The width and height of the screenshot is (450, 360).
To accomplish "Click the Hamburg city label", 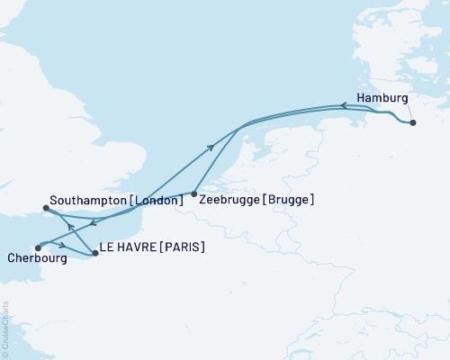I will tap(382, 98).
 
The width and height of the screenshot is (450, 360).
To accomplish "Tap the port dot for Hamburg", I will tap(413, 123).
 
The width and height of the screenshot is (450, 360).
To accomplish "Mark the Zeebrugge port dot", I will tap(194, 193).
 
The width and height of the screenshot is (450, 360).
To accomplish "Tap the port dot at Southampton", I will tap(47, 210).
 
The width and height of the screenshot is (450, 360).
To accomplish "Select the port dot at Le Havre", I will tap(95, 254).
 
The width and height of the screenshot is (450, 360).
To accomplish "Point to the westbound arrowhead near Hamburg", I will tap(342, 106).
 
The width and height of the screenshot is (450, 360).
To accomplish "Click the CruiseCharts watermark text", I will tap(4, 329).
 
